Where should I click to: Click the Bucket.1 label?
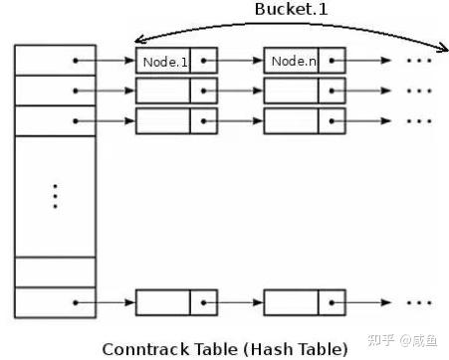(x=291, y=9)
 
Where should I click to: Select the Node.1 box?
(x=176, y=61)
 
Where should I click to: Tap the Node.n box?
(x=305, y=61)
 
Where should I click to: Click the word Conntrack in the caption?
(x=146, y=349)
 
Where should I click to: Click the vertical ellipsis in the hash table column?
(x=55, y=196)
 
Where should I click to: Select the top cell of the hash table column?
(x=56, y=61)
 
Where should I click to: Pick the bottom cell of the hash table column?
(x=56, y=302)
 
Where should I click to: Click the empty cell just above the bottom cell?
(x=56, y=272)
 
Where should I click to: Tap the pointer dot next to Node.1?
(x=203, y=61)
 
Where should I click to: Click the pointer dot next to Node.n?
(x=332, y=61)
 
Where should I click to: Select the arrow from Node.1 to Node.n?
(x=233, y=61)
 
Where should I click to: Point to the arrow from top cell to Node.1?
(x=106, y=61)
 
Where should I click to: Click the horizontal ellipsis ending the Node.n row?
(x=419, y=61)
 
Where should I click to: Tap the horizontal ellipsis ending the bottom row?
(x=419, y=302)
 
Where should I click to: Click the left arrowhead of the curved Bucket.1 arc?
(x=138, y=40)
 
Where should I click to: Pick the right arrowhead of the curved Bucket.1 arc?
(x=443, y=49)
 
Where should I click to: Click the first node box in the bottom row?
(x=176, y=302)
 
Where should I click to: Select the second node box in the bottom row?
(x=305, y=302)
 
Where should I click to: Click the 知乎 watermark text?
(x=381, y=340)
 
